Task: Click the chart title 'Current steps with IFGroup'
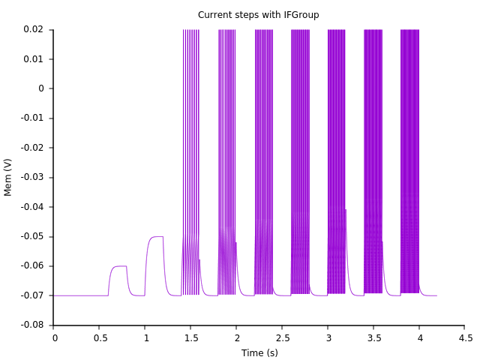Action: click(x=258, y=15)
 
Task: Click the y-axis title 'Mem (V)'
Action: click(x=8, y=177)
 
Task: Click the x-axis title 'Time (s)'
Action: click(x=259, y=352)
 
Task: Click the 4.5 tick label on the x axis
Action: click(x=464, y=338)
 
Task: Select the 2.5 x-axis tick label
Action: click(x=282, y=338)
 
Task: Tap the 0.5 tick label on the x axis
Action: click(x=100, y=338)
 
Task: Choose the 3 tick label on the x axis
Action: click(x=328, y=338)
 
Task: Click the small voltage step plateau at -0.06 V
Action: click(x=118, y=266)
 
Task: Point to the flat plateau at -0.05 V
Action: click(x=156, y=237)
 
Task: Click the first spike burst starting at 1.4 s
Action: click(x=190, y=150)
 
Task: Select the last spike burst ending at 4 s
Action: click(x=409, y=150)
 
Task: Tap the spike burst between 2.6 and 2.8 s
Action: click(x=300, y=150)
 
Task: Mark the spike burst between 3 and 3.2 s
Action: click(x=336, y=150)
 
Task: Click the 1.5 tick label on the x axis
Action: click(x=190, y=338)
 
